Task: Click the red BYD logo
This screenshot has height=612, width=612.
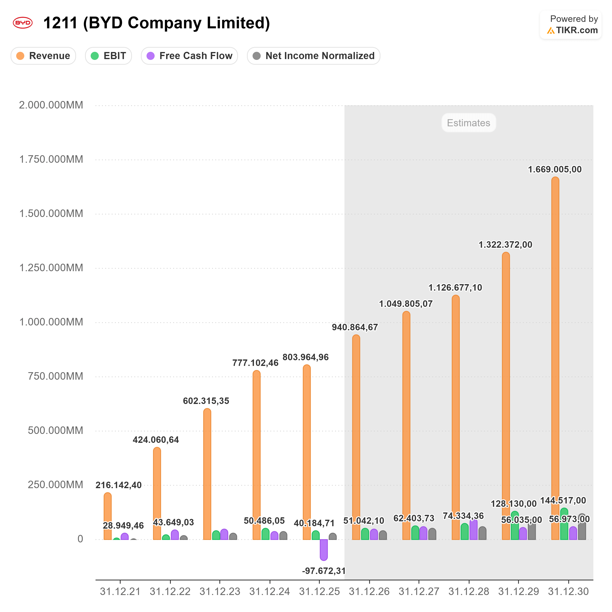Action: point(22,23)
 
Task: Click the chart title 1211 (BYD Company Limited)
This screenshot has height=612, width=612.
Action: point(156,23)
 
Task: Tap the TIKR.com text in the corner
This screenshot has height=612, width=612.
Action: point(577,30)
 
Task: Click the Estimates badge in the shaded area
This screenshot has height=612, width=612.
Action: point(469,123)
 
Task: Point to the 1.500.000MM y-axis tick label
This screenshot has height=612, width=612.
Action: point(51,214)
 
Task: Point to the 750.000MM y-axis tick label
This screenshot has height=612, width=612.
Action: point(55,376)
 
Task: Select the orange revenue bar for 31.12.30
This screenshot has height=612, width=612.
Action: point(555,358)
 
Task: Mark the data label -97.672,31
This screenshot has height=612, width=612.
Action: point(324,571)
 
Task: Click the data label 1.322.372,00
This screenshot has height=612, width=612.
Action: point(505,244)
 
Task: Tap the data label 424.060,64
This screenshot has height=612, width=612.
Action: point(156,440)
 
